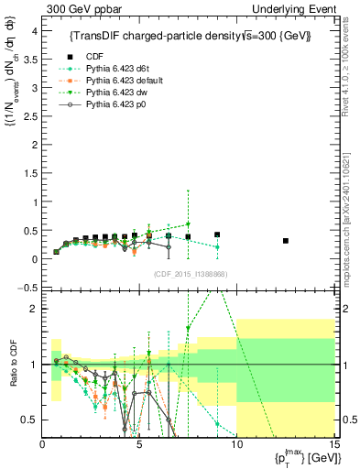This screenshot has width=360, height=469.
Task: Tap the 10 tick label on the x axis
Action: [x=236, y=445]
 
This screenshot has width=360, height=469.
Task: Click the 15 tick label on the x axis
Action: [x=333, y=445]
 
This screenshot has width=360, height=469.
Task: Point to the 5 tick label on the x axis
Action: [x=139, y=445]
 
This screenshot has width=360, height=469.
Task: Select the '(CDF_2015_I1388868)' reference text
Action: [x=190, y=275]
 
